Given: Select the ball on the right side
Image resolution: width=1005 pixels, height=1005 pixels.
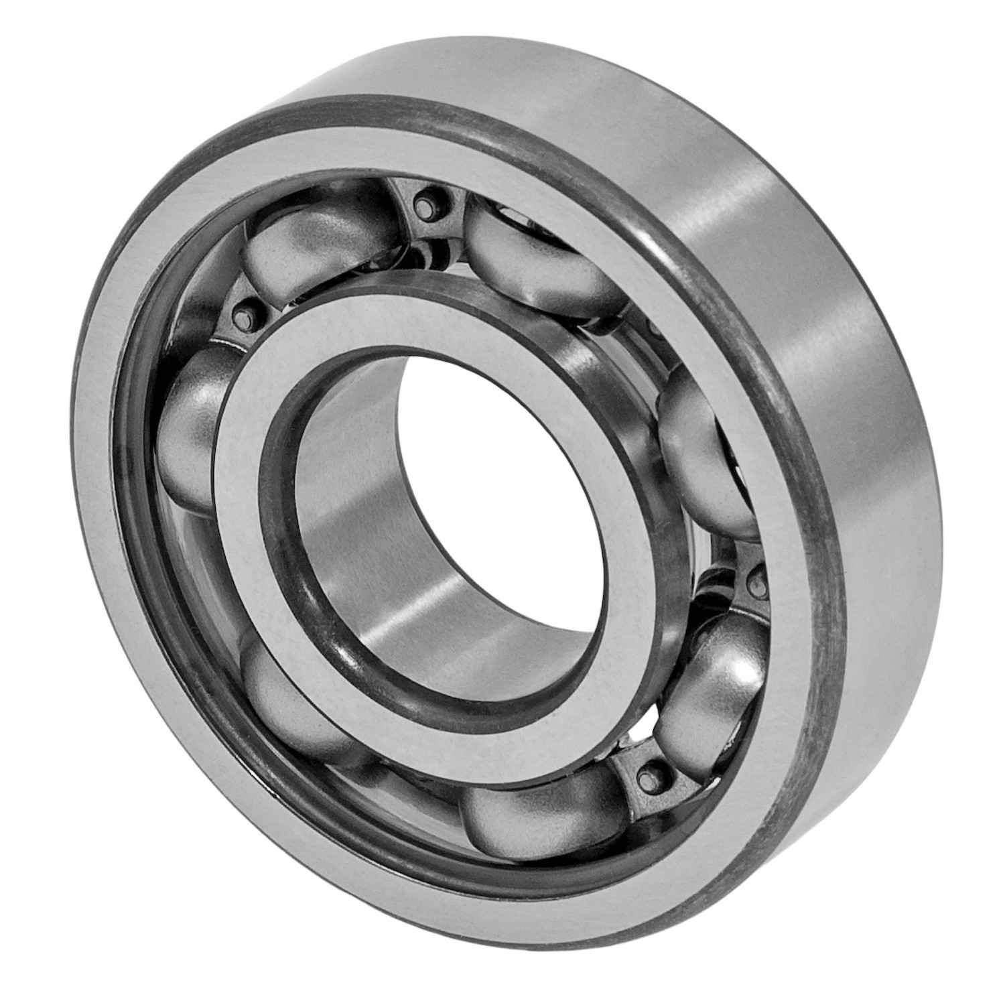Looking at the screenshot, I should point(703,442).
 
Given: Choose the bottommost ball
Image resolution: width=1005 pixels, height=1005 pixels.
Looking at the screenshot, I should point(536,817).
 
